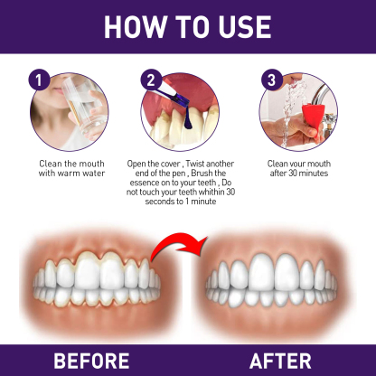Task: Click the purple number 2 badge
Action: click(x=150, y=80)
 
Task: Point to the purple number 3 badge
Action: click(x=268, y=80)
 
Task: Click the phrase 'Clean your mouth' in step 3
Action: click(x=303, y=163)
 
